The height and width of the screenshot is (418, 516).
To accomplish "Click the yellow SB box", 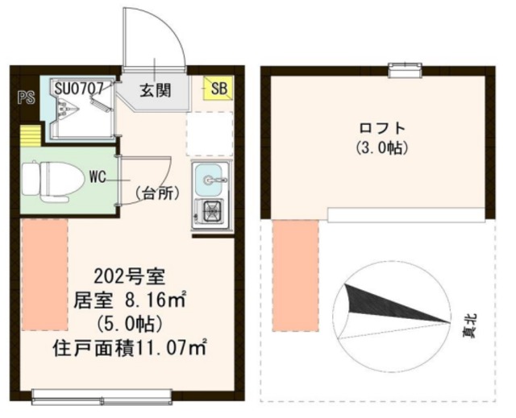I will (x=218, y=88).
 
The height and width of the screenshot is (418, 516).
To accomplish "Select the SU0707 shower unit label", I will (x=79, y=86).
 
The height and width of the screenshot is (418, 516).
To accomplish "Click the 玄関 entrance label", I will (x=155, y=90).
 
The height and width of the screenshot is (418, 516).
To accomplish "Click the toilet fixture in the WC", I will (x=49, y=178).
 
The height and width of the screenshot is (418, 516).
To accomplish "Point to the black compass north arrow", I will (x=387, y=306).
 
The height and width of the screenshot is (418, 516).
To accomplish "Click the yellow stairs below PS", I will (x=30, y=134).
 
